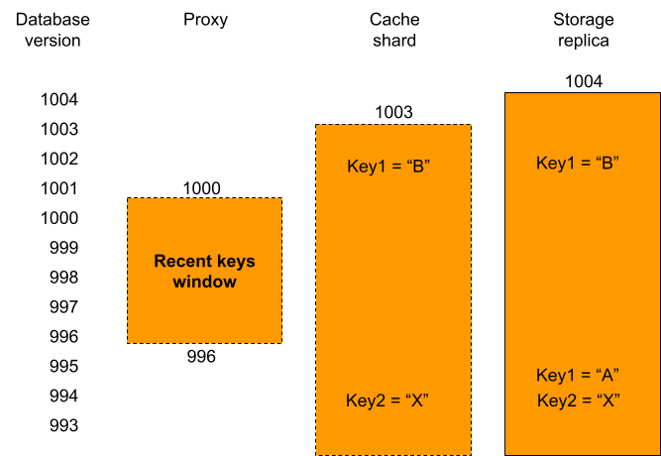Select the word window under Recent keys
(x=204, y=282)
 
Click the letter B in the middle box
(x=418, y=166)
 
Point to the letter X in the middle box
(x=416, y=400)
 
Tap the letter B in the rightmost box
(x=607, y=163)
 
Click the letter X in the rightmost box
(x=607, y=400)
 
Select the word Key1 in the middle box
(x=364, y=166)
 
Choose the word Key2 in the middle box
(x=364, y=400)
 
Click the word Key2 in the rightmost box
(x=554, y=400)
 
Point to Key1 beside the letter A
(x=554, y=375)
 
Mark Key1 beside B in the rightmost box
(x=554, y=163)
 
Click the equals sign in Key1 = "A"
(x=584, y=376)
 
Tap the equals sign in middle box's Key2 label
(x=392, y=401)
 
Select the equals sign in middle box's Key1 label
(x=393, y=167)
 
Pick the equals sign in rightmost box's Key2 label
(x=584, y=401)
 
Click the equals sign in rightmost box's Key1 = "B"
(x=584, y=164)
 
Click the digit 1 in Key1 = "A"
(x=569, y=375)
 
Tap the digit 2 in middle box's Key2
(x=378, y=400)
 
